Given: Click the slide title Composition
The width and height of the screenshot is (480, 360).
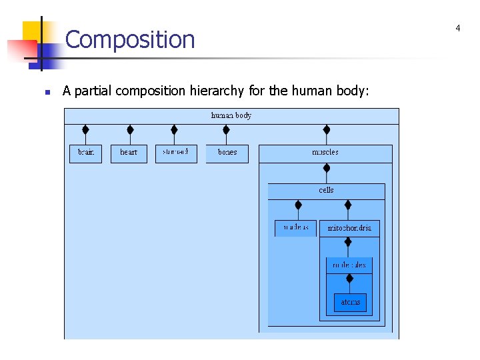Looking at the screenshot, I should point(130,40).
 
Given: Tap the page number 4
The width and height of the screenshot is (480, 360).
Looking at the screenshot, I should point(458,28).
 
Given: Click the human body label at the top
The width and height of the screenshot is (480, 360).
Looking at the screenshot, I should point(231,115).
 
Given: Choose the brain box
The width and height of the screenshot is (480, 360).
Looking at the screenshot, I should point(86,153).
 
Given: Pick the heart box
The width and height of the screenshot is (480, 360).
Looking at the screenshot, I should point(129,153).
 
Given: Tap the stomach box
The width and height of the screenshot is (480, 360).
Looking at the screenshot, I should point(176,153).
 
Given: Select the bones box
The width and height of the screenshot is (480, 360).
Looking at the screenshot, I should point(227,153).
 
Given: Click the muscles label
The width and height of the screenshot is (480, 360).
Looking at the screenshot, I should point(325,153).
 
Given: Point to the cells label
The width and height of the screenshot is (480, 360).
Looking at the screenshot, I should point(326,191).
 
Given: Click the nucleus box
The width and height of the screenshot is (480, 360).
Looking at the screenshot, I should point(296,228).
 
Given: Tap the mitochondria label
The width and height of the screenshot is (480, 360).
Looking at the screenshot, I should point(349,228).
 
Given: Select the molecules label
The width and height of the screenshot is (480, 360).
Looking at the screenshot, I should point(349,265).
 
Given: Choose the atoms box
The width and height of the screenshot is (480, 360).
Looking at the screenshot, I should point(350,302).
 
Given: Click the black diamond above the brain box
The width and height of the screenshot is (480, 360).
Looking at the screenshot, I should point(85,129).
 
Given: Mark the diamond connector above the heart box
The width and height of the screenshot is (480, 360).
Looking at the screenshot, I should point(130,129).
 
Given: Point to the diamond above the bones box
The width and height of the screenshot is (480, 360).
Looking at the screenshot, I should point(226,129).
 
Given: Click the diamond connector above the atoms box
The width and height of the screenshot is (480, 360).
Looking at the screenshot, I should point(349,279).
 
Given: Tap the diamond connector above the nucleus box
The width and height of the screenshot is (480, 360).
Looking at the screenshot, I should point(298,205).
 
